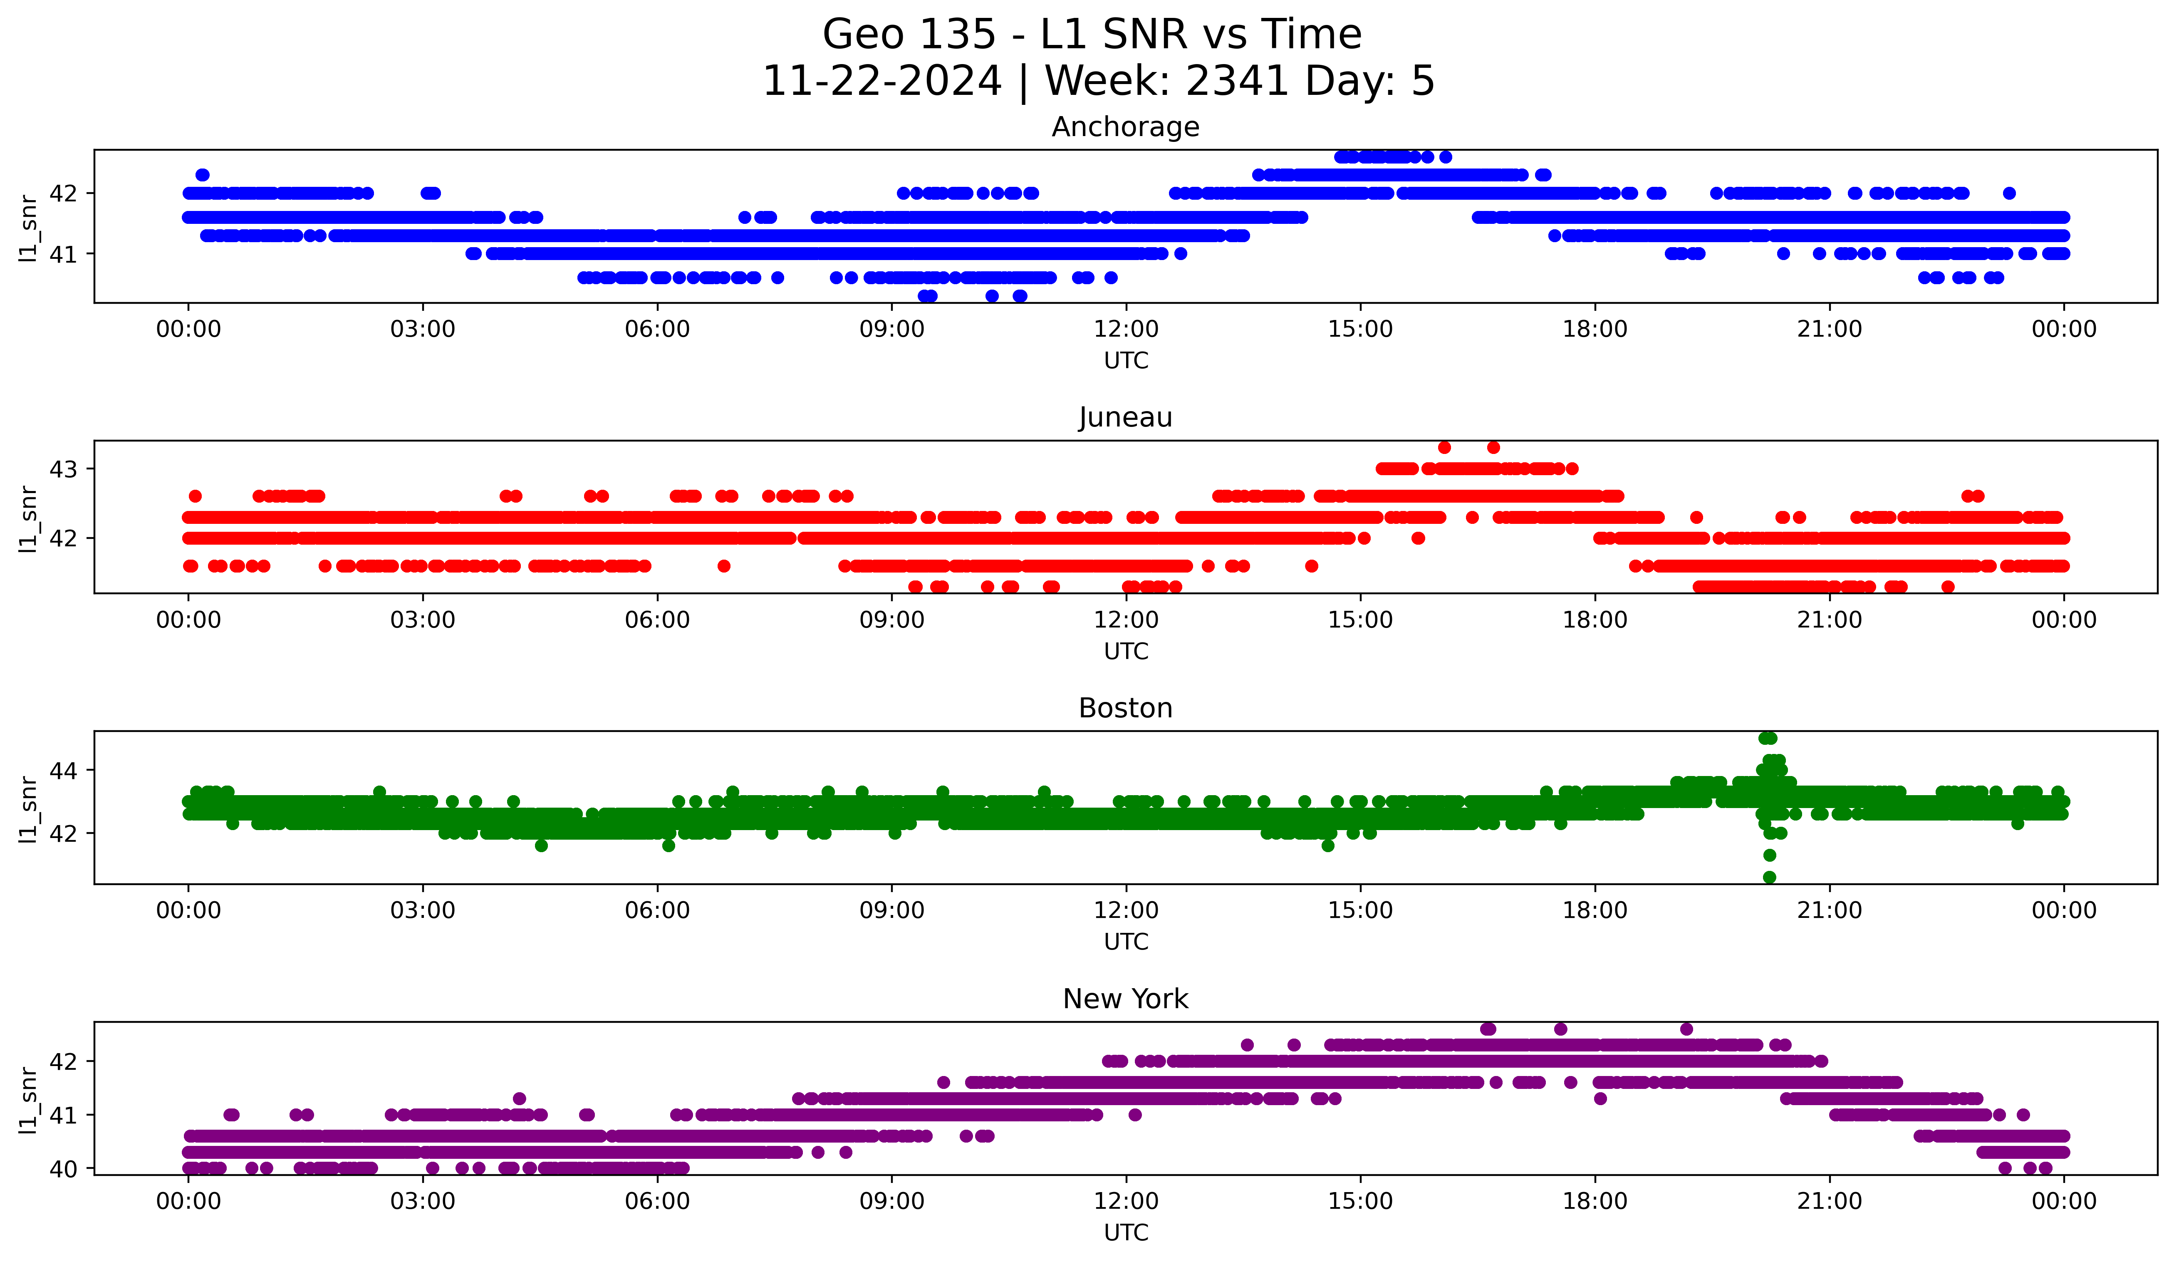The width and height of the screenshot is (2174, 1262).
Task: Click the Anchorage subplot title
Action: [1125, 127]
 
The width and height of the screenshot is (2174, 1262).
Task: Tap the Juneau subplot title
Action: [1125, 417]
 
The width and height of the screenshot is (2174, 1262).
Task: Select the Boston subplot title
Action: [1125, 708]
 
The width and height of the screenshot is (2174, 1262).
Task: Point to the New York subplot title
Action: [1125, 999]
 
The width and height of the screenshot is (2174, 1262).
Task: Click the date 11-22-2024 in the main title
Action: [881, 81]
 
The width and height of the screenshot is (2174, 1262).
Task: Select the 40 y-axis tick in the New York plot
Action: [63, 1169]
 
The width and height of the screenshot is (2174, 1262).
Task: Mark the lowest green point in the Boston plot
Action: [1769, 877]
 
